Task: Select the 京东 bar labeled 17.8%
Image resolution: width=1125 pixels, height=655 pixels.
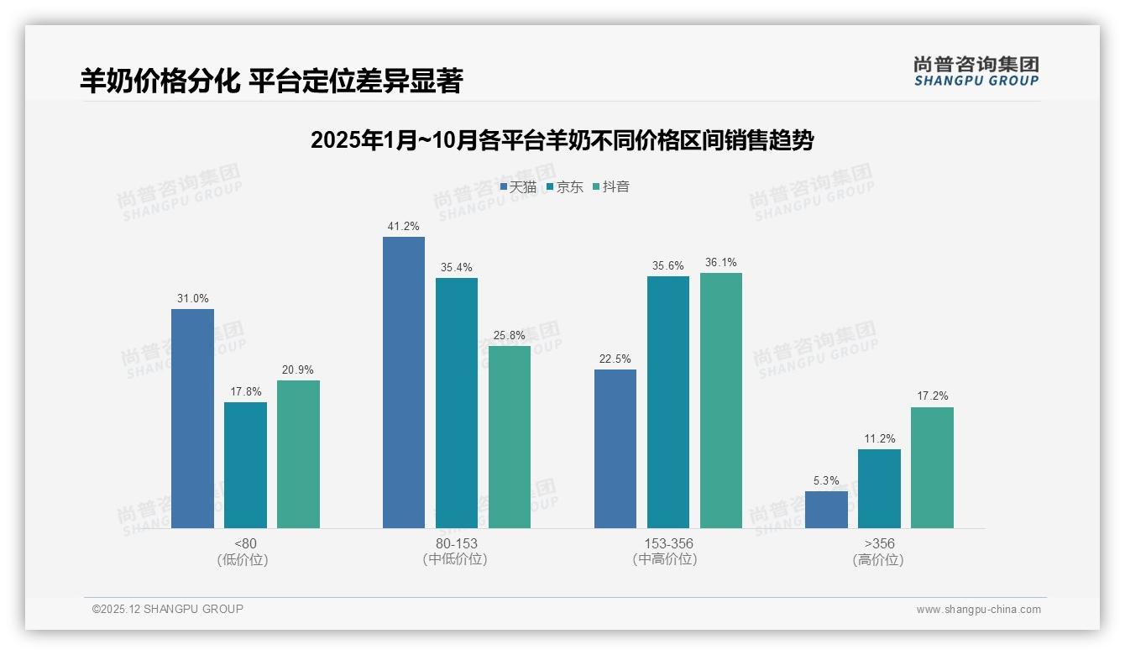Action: click(x=245, y=465)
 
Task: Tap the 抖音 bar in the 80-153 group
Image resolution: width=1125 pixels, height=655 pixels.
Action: click(x=510, y=437)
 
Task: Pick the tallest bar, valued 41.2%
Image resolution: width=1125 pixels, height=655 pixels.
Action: click(x=404, y=382)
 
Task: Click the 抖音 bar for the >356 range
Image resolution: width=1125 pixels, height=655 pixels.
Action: click(x=932, y=468)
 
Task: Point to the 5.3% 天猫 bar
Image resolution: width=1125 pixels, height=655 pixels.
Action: click(x=826, y=510)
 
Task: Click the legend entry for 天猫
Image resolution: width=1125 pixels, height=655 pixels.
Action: click(x=518, y=187)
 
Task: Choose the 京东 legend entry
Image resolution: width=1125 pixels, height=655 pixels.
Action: click(x=564, y=187)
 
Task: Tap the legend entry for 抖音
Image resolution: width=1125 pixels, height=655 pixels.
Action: click(x=611, y=187)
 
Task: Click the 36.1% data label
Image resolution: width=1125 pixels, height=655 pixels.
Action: click(x=721, y=263)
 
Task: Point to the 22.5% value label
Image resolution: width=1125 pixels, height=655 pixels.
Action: click(x=615, y=359)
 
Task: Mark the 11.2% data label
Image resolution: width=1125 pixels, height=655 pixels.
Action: click(x=879, y=439)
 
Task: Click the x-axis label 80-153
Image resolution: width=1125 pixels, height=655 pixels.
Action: click(x=456, y=544)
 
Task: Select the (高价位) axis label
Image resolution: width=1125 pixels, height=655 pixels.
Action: click(x=878, y=560)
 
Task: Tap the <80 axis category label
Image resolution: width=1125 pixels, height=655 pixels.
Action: click(x=245, y=544)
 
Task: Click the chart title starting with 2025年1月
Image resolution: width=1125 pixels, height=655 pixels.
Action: click(x=562, y=140)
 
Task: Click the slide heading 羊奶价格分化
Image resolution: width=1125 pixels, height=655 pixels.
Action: click(x=271, y=81)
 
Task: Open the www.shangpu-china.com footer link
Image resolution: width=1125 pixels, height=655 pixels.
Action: click(x=978, y=610)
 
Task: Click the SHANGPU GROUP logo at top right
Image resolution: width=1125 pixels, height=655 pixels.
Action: click(x=976, y=71)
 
